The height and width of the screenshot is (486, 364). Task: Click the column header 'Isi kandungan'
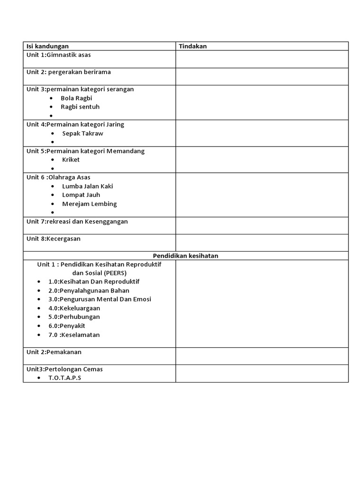(x=47, y=46)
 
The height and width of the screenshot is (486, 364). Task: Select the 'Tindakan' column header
(x=192, y=46)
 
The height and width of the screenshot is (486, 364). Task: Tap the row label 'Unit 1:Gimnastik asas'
(x=59, y=55)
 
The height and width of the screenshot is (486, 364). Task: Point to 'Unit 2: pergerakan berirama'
(x=68, y=72)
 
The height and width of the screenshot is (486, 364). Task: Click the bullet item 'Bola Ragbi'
(x=76, y=98)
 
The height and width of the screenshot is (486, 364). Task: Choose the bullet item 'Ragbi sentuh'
(x=80, y=107)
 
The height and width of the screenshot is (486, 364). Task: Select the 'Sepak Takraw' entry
(x=82, y=133)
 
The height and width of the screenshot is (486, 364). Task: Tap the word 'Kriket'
(x=71, y=159)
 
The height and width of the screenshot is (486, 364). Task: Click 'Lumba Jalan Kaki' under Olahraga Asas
(x=87, y=186)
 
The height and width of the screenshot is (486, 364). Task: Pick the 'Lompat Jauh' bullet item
(x=81, y=195)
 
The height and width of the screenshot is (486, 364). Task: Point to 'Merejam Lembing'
(x=89, y=204)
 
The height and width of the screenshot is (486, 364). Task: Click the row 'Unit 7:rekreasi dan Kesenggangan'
(x=77, y=221)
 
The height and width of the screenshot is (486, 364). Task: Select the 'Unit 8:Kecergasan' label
(x=54, y=239)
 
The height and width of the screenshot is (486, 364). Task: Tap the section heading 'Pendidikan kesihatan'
(x=185, y=255)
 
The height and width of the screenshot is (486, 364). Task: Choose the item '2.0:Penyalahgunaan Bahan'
(x=89, y=290)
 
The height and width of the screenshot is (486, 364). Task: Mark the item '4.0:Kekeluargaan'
(x=74, y=308)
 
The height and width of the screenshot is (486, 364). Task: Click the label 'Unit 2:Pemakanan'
(x=54, y=352)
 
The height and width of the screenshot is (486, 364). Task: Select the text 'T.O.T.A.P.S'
(x=65, y=378)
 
